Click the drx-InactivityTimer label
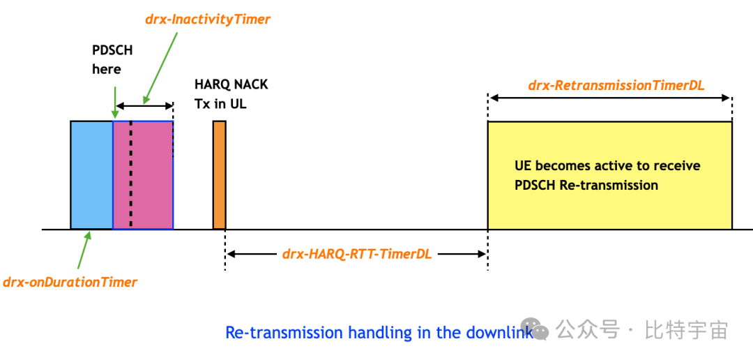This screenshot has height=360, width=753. coord(207,20)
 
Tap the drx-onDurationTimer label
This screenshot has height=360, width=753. coord(70,282)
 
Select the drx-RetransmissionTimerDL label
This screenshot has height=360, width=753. coord(616,86)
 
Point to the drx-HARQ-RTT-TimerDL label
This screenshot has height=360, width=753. coord(357,254)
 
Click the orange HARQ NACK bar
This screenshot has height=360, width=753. coord(219,174)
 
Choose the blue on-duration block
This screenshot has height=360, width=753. coord(91,174)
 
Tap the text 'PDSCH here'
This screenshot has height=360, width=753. coord(112,60)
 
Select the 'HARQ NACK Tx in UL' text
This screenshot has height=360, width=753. coord(230,94)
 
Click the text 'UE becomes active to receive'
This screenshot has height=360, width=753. coord(607,166)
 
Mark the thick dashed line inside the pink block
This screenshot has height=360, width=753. coord(130,174)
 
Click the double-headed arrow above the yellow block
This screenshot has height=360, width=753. coord(610,98)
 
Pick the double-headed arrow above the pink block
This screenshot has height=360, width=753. coord(144,106)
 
